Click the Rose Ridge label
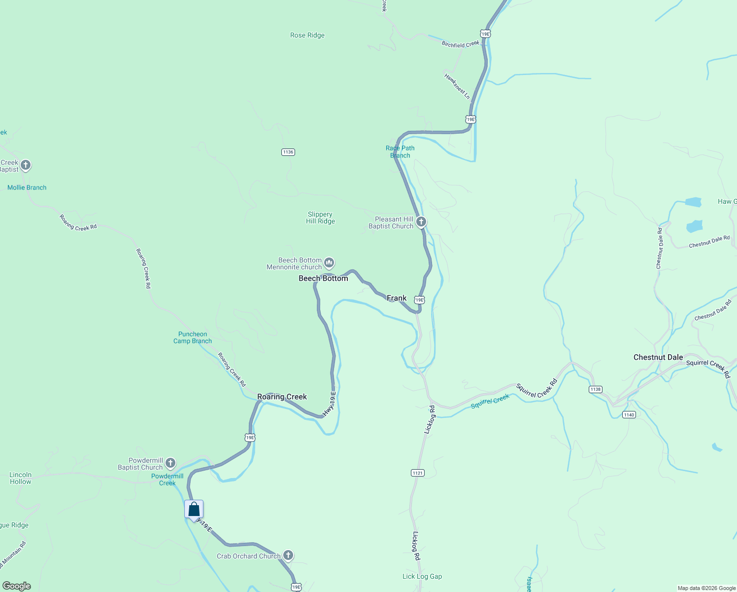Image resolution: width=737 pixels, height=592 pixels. [x=307, y=36]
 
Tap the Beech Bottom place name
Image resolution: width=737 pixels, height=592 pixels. [x=323, y=279]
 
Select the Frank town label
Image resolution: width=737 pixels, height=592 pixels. [x=397, y=298]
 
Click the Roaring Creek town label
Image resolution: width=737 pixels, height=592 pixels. [x=282, y=397]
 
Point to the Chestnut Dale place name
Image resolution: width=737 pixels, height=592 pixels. [x=658, y=357]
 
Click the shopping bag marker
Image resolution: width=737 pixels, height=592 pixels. [x=194, y=510]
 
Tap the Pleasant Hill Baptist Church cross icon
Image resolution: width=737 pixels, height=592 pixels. [x=421, y=222]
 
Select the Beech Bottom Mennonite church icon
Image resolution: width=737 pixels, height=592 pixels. [x=329, y=262]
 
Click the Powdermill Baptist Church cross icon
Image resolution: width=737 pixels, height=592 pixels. [x=170, y=463]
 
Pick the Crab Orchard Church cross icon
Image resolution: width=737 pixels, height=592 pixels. [x=288, y=555]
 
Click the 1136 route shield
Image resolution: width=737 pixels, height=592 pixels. [x=288, y=152]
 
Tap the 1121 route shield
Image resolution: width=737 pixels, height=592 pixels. [x=417, y=473]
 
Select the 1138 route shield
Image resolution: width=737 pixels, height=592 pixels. [x=595, y=389]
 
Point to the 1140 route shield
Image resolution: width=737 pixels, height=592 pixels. [x=629, y=415]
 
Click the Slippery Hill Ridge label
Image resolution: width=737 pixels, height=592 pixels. [x=320, y=218]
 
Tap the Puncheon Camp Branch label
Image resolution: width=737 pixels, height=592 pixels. [x=193, y=337]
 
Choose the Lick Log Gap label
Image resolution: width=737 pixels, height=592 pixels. [x=422, y=576]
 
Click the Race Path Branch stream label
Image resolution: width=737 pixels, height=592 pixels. [x=400, y=151]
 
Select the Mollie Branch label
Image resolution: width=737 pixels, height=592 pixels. [x=27, y=187]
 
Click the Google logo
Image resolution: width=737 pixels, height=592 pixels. [x=17, y=586]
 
